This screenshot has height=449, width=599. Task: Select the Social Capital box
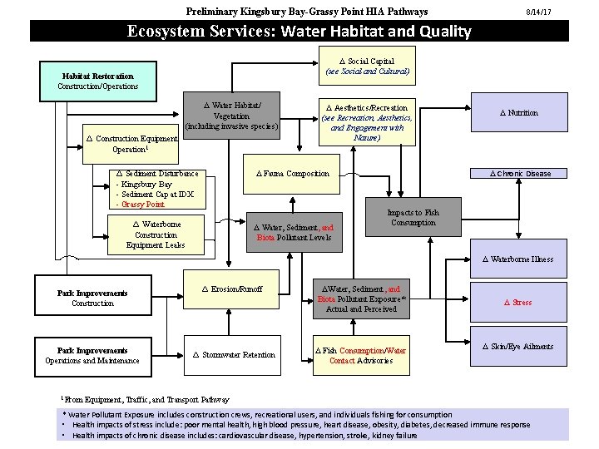[367, 67]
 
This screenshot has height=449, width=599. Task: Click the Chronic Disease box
[520, 174]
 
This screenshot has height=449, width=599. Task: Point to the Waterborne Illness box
[522, 259]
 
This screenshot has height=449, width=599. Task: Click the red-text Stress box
[522, 303]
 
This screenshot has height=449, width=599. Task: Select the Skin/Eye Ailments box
[522, 347]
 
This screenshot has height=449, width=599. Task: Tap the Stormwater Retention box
[234, 355]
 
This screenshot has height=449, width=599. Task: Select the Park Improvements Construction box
[92, 299]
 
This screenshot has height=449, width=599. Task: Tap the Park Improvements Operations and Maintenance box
[92, 355]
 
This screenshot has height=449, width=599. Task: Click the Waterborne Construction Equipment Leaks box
[156, 234]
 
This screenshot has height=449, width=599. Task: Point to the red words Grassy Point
[143, 204]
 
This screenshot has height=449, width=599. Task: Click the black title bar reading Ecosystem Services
[299, 32]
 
